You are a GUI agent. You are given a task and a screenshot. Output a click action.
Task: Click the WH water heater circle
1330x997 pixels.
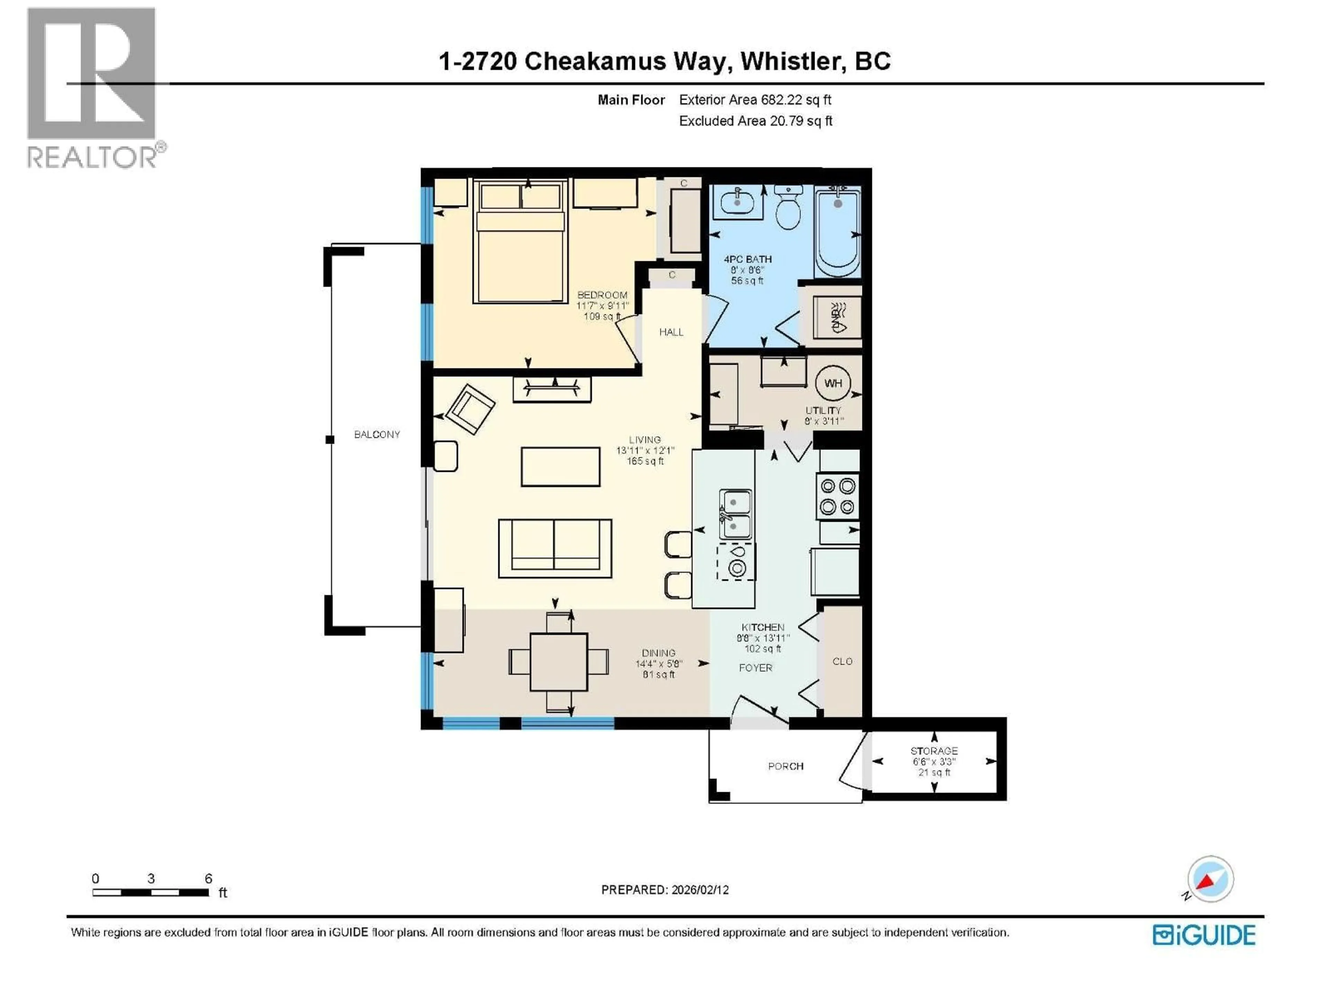tap(833, 383)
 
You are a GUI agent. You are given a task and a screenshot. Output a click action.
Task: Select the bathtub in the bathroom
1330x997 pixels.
tap(837, 231)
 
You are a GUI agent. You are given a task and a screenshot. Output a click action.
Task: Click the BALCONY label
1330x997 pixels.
tap(376, 434)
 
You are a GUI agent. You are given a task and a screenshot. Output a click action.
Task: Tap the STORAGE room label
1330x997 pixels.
tap(934, 751)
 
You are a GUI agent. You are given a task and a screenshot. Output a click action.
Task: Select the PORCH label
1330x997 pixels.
tap(785, 766)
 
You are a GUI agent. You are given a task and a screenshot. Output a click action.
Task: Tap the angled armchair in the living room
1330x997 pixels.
tap(470, 408)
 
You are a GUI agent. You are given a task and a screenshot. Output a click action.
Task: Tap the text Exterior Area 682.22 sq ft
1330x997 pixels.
tap(755, 100)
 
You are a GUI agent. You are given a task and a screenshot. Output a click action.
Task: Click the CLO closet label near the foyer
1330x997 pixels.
tap(842, 661)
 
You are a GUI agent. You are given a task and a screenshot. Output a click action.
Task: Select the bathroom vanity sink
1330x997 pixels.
tap(737, 201)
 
